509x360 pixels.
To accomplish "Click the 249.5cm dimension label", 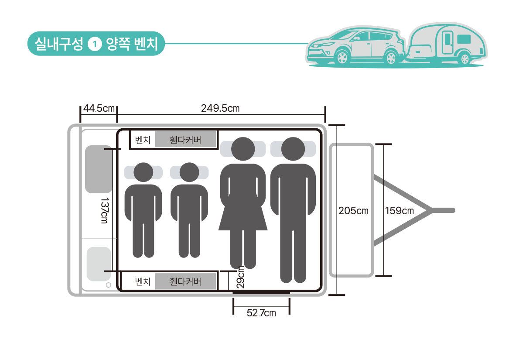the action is coord(220,108).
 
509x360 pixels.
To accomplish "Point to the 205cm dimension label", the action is coord(353,211).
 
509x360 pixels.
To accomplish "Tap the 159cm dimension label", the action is coord(399,211).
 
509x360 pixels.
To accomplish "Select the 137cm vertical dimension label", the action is coord(104,210).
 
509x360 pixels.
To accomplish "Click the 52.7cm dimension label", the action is coord(261,312).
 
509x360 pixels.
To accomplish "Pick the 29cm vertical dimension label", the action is coord(240,276).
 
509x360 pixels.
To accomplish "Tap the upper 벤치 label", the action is coord(143,140).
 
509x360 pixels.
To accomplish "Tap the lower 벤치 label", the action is coord(143,281).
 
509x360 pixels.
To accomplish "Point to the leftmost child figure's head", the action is coord(143,172).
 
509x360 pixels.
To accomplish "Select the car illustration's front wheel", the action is coord(342,57).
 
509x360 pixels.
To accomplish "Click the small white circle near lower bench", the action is coord(108,285).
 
